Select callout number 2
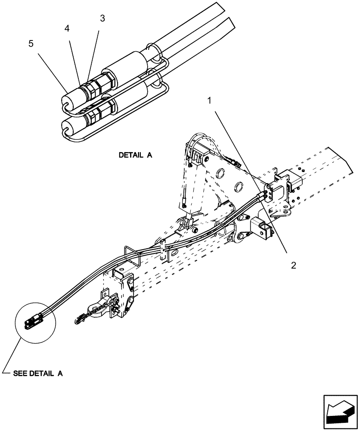point(293,265)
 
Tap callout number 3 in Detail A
point(102,18)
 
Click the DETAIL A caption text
point(136,155)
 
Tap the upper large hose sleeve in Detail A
point(127,67)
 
